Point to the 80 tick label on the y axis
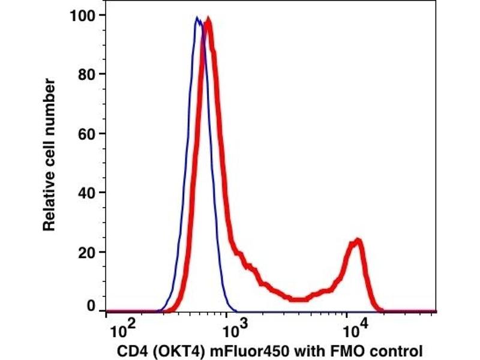[88, 74]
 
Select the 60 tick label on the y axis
[88, 133]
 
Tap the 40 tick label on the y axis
[88, 193]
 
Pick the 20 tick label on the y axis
[88, 251]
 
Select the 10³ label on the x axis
[234, 329]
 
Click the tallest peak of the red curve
[208, 20]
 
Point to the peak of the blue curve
[196, 19]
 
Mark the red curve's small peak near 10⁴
[358, 241]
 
